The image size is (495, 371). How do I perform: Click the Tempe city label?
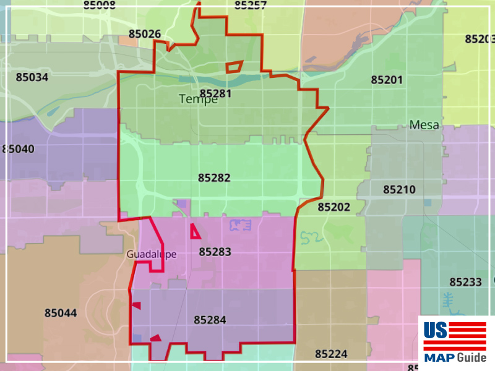click(198, 100)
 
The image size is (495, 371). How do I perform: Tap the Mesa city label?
click(424, 125)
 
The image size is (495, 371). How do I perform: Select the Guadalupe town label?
click(152, 254)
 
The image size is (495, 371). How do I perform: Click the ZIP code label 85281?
click(215, 93)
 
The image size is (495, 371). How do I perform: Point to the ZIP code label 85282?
click(214, 177)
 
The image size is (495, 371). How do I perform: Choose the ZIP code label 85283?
click(215, 252)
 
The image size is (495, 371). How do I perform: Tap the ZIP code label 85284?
click(210, 320)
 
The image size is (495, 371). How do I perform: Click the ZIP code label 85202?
click(334, 207)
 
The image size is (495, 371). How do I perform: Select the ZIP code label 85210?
click(399, 189)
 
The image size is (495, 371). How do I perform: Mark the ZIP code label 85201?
click(387, 80)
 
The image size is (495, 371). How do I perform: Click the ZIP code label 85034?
click(32, 77)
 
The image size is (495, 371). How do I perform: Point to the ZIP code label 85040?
click(19, 149)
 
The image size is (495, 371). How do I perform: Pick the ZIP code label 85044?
click(61, 313)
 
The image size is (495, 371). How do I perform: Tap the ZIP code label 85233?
click(465, 282)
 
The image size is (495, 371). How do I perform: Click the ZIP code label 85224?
click(331, 354)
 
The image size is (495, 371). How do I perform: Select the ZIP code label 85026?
click(145, 33)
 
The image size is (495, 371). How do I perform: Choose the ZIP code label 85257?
click(251, 6)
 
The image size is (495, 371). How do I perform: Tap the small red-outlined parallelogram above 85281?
click(234, 67)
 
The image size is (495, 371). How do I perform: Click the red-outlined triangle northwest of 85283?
click(195, 232)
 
